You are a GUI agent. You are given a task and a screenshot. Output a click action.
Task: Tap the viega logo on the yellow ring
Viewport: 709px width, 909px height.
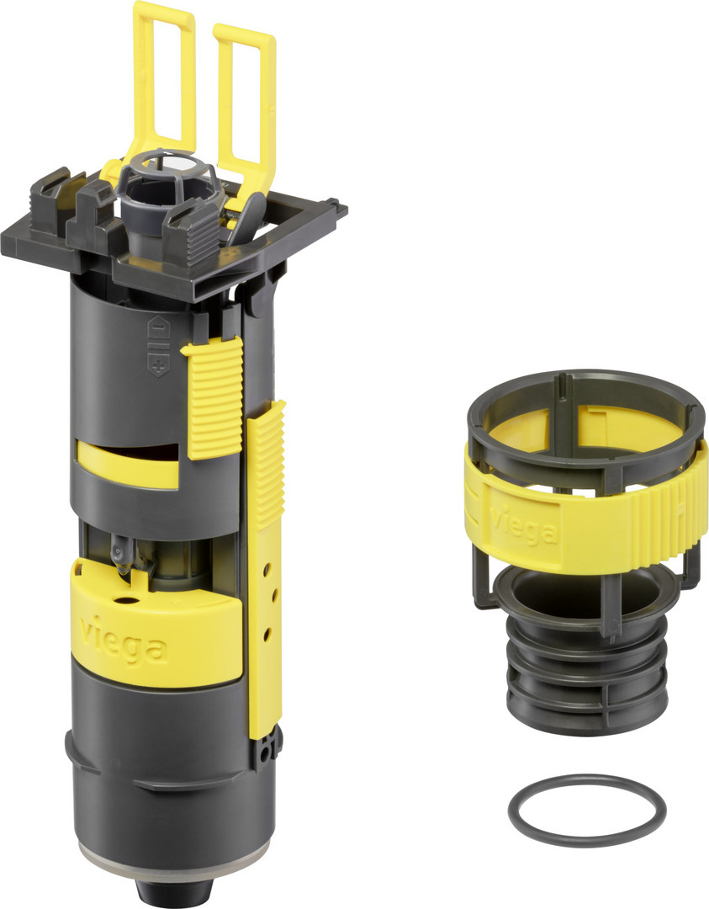pos(523,524)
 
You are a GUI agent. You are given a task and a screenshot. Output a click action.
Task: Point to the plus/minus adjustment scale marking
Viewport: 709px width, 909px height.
pos(159,346)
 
